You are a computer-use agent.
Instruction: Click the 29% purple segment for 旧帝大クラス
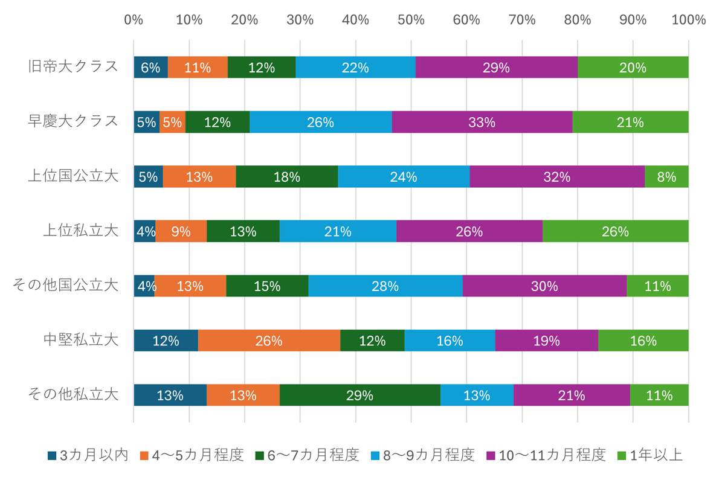tap(496, 67)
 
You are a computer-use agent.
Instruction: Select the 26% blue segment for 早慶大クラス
tap(320, 122)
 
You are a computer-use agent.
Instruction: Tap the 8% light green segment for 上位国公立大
tap(666, 176)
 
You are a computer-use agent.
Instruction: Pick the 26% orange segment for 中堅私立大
tap(269, 341)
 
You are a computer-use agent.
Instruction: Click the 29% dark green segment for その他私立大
tap(359, 395)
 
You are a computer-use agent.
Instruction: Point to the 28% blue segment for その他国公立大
tap(385, 286)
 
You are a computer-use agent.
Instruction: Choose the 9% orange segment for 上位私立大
tap(181, 231)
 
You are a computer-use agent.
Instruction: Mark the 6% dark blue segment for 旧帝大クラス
tap(150, 67)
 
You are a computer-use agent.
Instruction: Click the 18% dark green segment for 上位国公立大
tap(286, 176)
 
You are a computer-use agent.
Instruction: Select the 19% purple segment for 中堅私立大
tap(546, 341)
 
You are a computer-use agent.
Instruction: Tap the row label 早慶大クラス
tap(73, 121)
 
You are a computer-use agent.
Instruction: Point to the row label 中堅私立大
tap(81, 340)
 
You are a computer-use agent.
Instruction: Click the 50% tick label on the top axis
tap(411, 20)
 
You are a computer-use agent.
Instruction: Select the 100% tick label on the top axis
tap(688, 20)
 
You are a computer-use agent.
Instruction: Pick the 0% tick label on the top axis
tap(134, 20)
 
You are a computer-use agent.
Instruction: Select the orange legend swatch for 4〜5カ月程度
tap(144, 456)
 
